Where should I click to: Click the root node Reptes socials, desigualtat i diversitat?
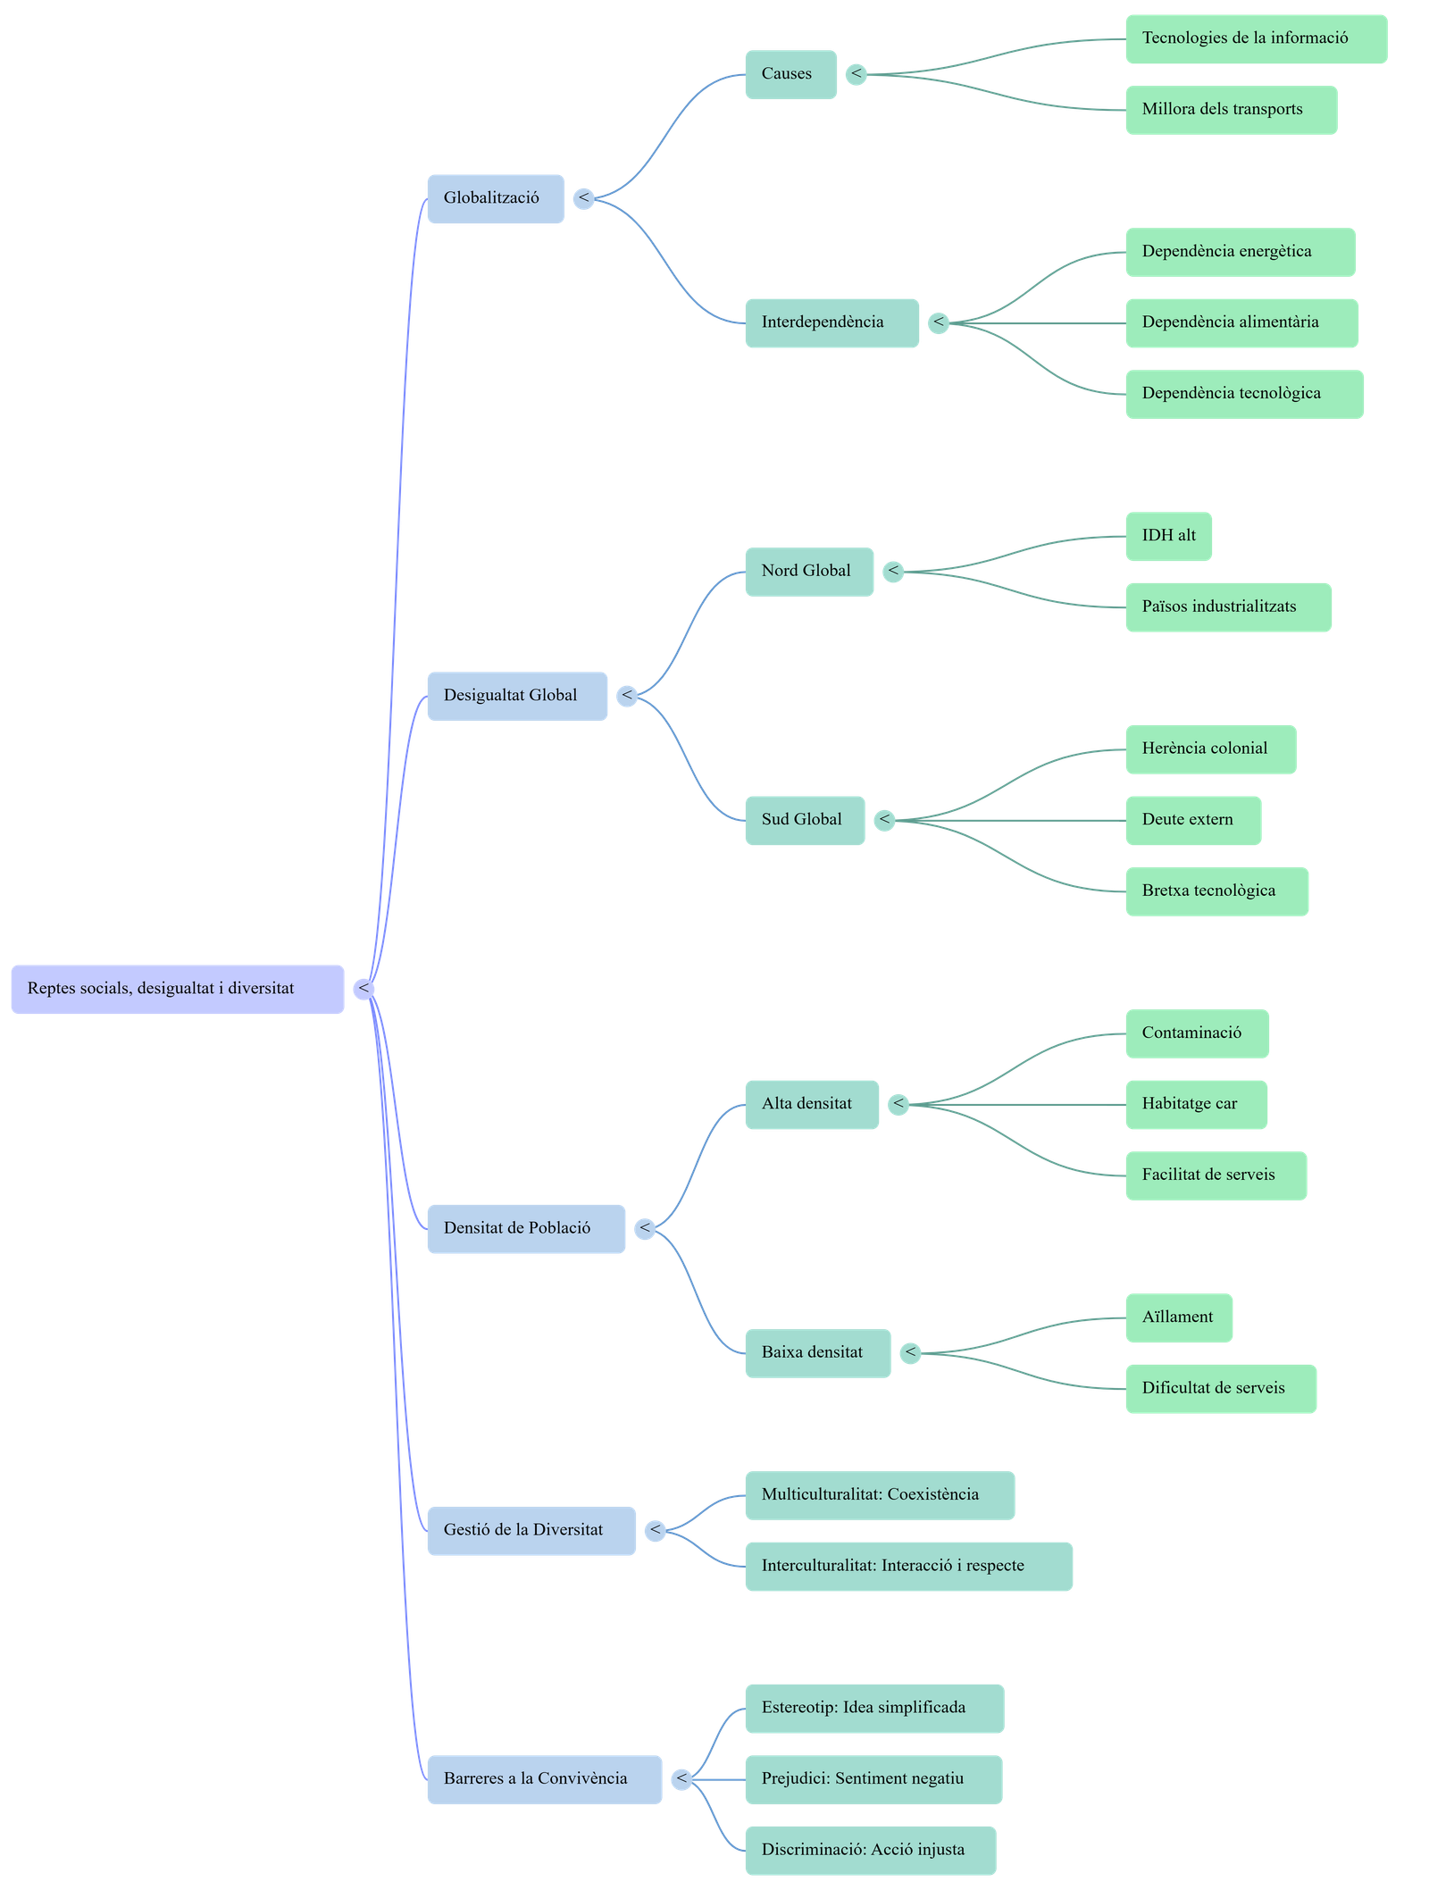coord(177,989)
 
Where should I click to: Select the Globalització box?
coord(496,198)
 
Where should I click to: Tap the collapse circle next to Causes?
coord(857,74)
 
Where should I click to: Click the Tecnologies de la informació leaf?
coord(1255,38)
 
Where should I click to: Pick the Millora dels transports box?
coord(1230,110)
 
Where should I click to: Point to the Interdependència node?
coord(831,322)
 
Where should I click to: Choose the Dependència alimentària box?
coord(1241,322)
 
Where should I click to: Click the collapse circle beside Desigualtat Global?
coord(628,696)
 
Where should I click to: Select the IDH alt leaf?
coord(1168,536)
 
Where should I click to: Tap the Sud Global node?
coord(804,820)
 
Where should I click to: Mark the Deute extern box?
coord(1192,820)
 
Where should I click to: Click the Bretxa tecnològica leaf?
coord(1216,891)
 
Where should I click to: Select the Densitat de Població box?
coord(525,1228)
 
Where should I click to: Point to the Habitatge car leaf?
coord(1195,1104)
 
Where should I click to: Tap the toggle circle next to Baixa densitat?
coord(910,1352)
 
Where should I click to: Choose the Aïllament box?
coord(1178,1317)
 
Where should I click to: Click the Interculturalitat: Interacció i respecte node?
coord(907,1566)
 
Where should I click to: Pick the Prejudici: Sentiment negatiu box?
coord(873,1778)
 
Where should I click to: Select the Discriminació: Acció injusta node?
coord(870,1850)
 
